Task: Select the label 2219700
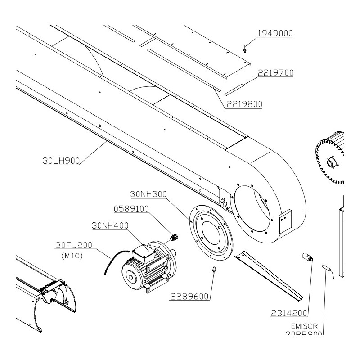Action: pyautogui.click(x=275, y=73)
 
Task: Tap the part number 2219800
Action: pyautogui.click(x=244, y=104)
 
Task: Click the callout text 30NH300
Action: pyautogui.click(x=148, y=194)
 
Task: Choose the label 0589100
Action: pyautogui.click(x=131, y=209)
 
